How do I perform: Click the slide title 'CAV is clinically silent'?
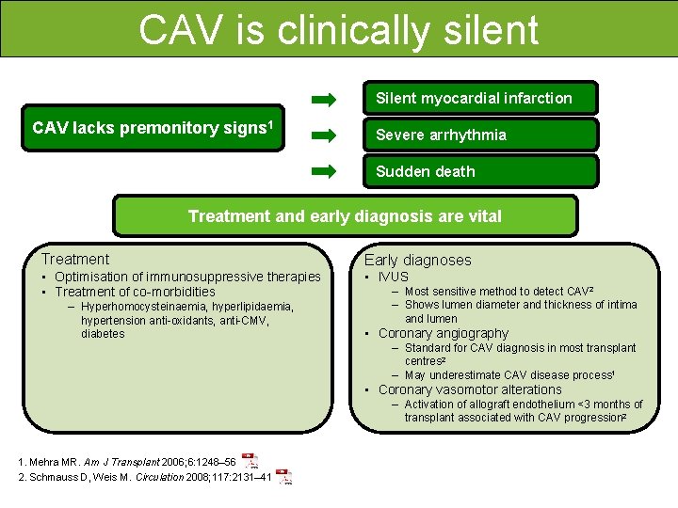[338, 29]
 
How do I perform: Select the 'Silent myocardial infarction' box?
[480, 98]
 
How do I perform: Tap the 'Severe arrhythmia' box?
[480, 135]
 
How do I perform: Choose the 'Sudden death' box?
[480, 171]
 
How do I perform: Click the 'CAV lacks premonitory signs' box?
[152, 128]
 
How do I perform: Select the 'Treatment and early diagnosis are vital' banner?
[345, 216]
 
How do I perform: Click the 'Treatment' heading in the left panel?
[75, 259]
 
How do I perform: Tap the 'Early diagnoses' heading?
[417, 260]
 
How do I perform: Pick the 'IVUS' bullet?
[393, 277]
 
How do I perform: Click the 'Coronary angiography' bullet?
[443, 333]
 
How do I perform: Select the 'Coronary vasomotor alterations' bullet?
[469, 389]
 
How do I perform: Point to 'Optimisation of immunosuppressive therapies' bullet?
[187, 277]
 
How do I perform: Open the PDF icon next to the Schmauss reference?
[283, 477]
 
